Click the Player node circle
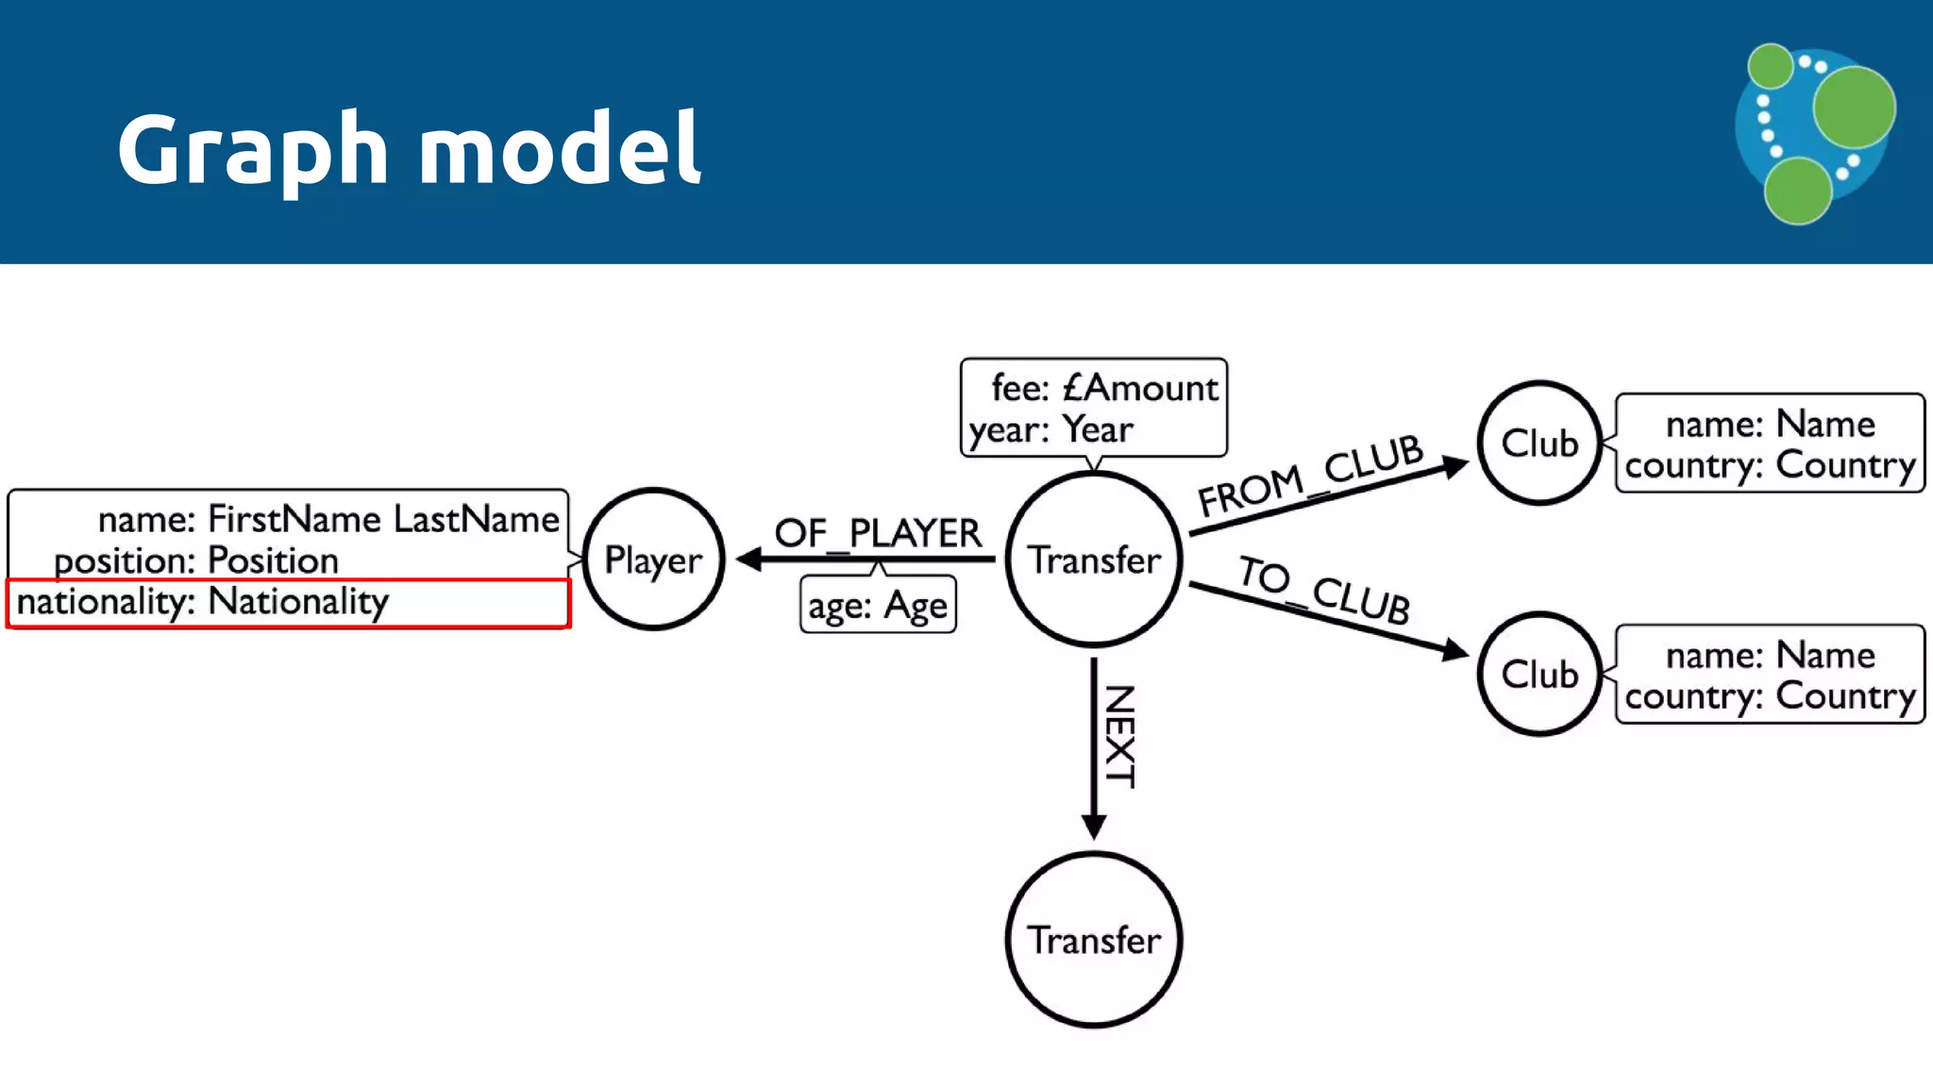click(x=653, y=559)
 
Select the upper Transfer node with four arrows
click(x=1093, y=559)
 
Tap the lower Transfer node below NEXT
click(x=1093, y=940)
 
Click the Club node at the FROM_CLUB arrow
click(x=1539, y=443)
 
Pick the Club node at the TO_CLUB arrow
click(x=1539, y=674)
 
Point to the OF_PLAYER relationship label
click(x=878, y=533)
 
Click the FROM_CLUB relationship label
click(x=1310, y=475)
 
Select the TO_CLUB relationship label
click(x=1324, y=590)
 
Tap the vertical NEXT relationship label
click(x=1119, y=736)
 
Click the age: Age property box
click(x=878, y=606)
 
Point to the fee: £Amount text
click(x=1104, y=388)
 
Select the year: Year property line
click(x=1051, y=430)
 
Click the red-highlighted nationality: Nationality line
click(x=203, y=602)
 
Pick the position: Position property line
click(x=196, y=560)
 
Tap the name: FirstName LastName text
click(x=328, y=519)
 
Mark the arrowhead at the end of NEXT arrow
click(x=1093, y=828)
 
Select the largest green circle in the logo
click(x=1853, y=107)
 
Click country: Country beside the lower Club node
click(x=1770, y=696)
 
